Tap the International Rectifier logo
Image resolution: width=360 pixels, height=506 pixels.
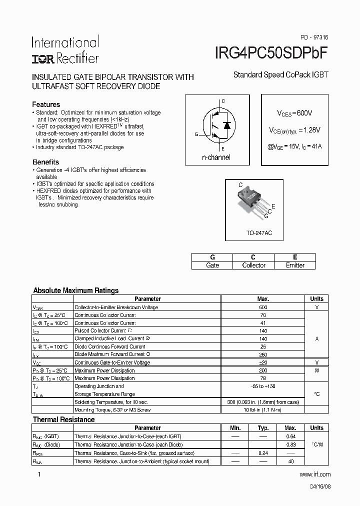[65, 50]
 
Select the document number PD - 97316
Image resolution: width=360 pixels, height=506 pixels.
[314, 37]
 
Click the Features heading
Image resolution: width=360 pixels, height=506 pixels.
[46, 104]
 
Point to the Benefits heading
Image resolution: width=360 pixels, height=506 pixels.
[45, 162]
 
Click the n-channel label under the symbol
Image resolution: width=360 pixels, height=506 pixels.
[216, 157]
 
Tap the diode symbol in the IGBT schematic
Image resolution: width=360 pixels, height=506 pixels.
[226, 125]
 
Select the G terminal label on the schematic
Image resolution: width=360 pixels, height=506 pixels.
[196, 134]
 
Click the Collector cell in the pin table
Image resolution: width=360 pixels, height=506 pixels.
[253, 265]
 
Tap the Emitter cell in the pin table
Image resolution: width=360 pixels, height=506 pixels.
[295, 265]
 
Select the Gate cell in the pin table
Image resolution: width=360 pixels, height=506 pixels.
[212, 265]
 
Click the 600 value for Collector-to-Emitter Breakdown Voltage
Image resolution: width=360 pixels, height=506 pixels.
[263, 307]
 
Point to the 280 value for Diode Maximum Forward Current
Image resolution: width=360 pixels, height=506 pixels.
[263, 354]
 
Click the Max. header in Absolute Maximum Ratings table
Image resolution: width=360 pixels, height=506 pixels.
[263, 298]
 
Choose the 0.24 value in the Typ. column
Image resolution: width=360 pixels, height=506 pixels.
[263, 453]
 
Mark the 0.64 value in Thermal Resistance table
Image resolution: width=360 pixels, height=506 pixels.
[290, 436]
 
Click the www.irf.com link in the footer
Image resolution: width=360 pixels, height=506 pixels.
[314, 474]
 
